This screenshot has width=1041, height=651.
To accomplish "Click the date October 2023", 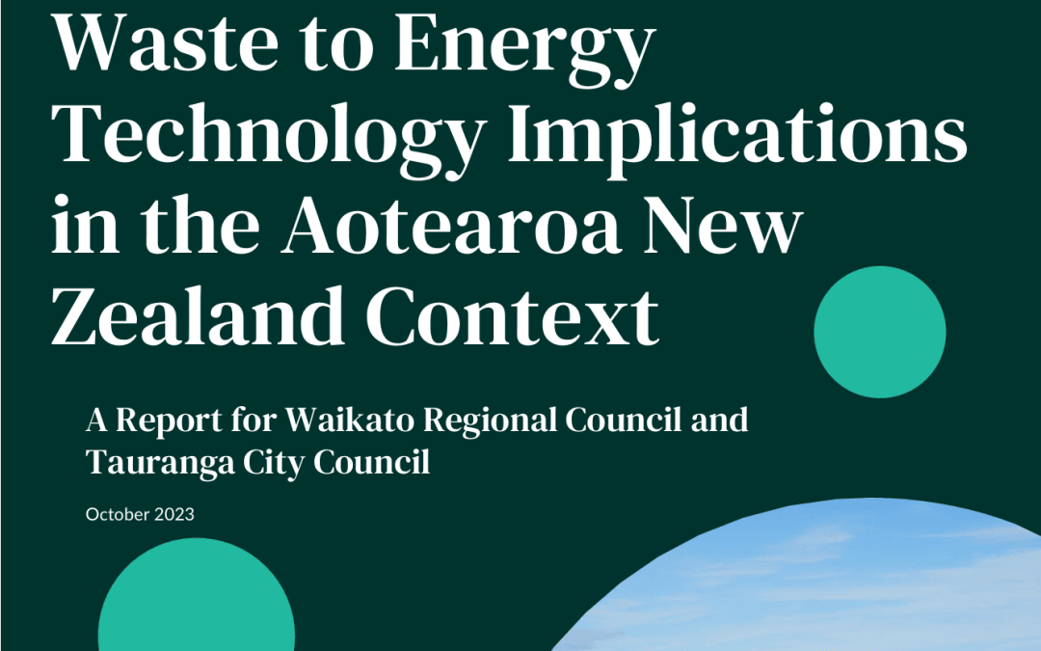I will click(140, 515).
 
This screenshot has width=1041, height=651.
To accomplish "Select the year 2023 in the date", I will click(173, 515).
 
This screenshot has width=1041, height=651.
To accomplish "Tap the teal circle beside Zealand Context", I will click(879, 332).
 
